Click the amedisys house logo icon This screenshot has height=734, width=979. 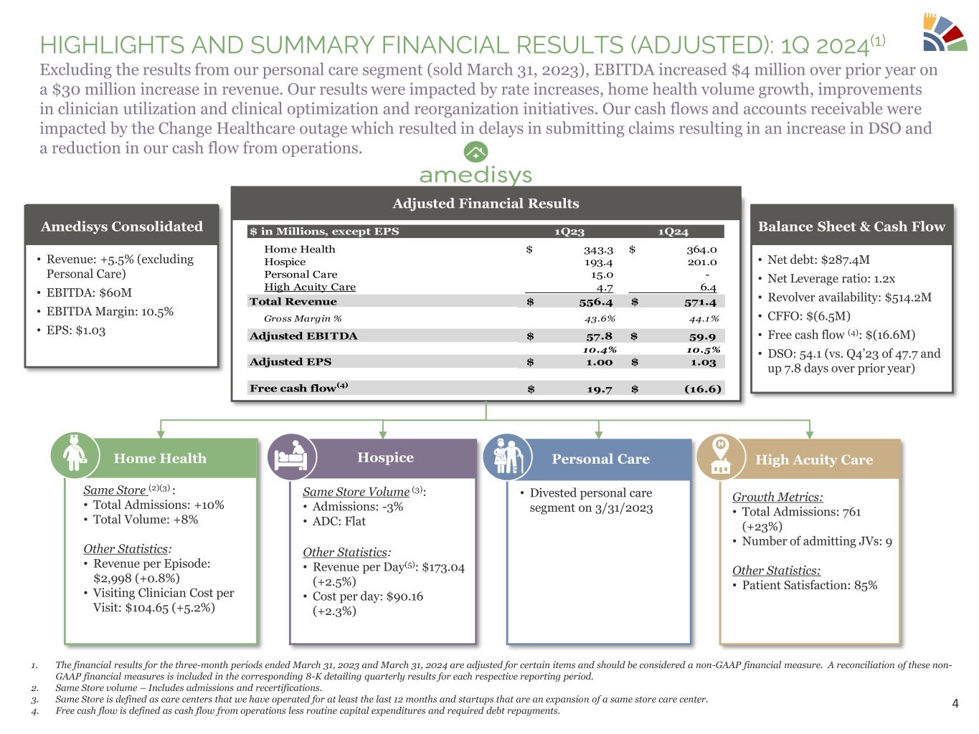point(476,153)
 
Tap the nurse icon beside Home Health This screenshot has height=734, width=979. point(74,455)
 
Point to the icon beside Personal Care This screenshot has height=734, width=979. point(506,457)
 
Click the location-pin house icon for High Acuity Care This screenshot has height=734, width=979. point(720,457)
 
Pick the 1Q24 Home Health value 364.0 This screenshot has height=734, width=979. point(701,249)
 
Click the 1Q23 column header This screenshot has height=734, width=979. point(569,232)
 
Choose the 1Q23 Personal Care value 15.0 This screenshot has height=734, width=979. point(602,275)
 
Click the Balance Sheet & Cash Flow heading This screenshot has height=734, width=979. point(851,227)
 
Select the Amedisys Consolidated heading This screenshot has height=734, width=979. point(122,227)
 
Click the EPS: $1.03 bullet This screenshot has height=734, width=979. point(75,330)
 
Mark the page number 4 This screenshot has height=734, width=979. point(955,703)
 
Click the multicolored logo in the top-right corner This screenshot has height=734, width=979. point(945,32)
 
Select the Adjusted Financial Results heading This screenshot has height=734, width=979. point(486,204)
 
